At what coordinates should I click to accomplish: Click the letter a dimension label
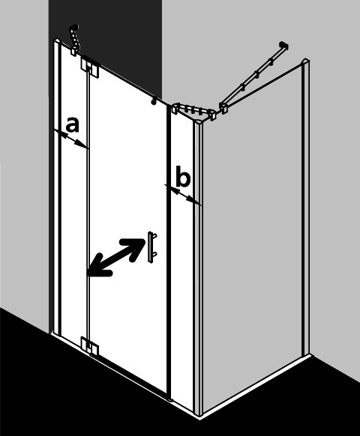pos(73,124)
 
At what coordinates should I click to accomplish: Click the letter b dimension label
pos(183,176)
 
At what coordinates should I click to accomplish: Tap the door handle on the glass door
pos(152,247)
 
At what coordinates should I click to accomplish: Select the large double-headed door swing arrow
pos(115,257)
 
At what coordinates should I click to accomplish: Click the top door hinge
pos(90,67)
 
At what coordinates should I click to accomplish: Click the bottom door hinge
pos(89,345)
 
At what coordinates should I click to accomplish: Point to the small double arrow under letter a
pos(71,139)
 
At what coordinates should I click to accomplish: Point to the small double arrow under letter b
pos(183,195)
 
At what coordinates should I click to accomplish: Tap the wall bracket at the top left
pos(74,40)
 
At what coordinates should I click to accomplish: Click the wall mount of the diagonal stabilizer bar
pos(283,46)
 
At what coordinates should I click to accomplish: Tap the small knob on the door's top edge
pos(153,101)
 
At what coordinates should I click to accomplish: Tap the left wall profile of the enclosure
pos(55,187)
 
